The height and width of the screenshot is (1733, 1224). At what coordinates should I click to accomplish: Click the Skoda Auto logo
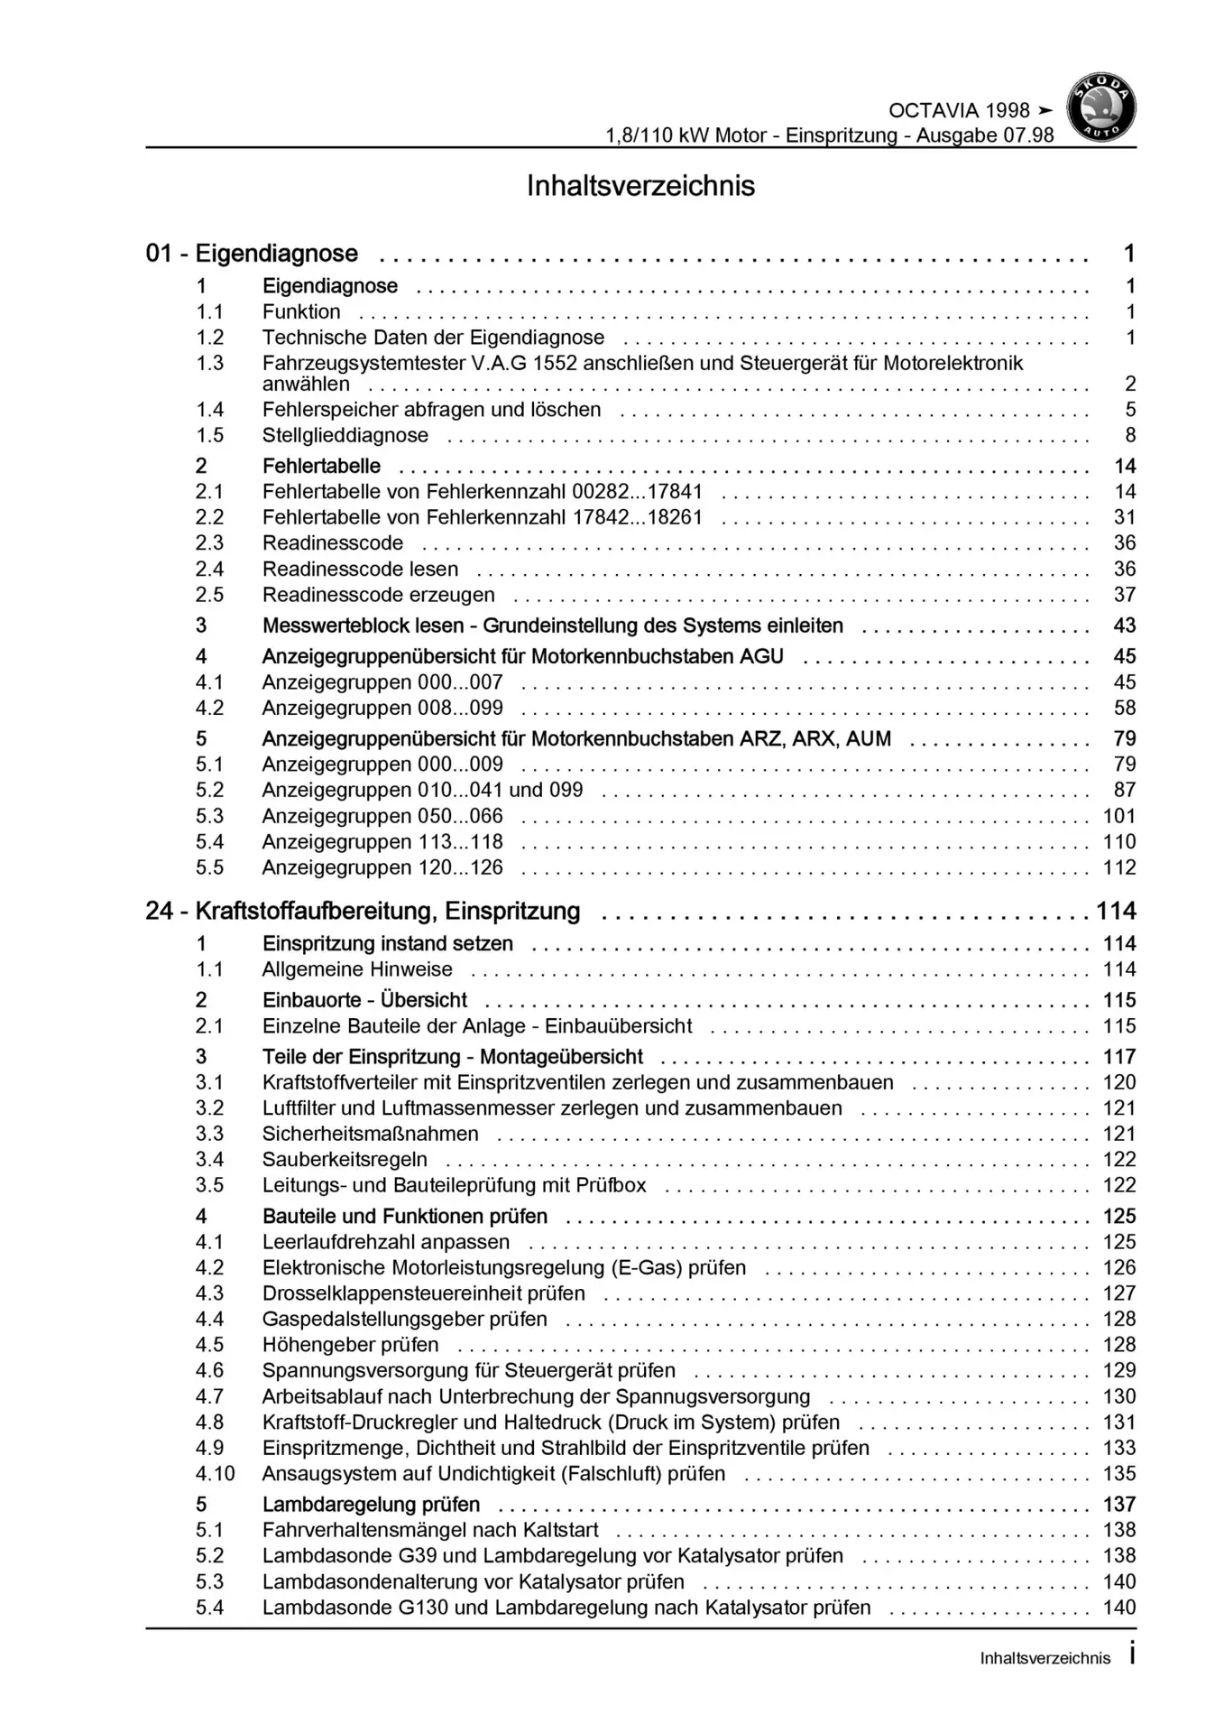click(1100, 107)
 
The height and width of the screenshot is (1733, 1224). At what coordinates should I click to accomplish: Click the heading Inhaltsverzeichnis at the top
click(640, 186)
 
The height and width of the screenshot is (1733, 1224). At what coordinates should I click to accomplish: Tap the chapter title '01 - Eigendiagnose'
click(252, 254)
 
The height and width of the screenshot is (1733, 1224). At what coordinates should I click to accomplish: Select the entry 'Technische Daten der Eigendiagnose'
click(433, 338)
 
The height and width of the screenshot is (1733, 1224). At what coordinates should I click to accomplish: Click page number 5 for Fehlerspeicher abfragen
click(1129, 410)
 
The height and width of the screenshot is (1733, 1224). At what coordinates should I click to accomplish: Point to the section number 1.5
click(210, 435)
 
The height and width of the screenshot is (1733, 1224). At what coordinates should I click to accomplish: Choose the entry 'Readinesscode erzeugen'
click(378, 595)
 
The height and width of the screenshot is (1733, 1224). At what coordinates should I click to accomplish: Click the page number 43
click(1124, 626)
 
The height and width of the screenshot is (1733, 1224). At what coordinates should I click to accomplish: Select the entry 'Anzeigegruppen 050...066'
click(382, 816)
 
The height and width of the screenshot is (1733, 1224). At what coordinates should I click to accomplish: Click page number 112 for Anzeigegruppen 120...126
click(1119, 867)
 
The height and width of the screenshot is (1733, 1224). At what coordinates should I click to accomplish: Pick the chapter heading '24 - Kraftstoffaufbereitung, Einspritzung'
click(363, 911)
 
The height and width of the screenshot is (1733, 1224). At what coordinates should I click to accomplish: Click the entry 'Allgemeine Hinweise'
click(357, 969)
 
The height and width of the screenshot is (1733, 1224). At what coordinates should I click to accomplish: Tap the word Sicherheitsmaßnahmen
click(370, 1134)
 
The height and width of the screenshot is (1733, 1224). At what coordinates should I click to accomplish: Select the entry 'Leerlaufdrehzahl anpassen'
click(385, 1242)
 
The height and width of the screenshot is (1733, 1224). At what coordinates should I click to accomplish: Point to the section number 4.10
click(215, 1474)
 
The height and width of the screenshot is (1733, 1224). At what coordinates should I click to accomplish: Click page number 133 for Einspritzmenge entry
click(1119, 1448)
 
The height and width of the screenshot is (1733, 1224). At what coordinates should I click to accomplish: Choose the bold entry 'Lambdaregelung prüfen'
click(371, 1505)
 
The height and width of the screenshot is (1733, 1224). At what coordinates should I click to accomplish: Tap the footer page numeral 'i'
click(1131, 1654)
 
